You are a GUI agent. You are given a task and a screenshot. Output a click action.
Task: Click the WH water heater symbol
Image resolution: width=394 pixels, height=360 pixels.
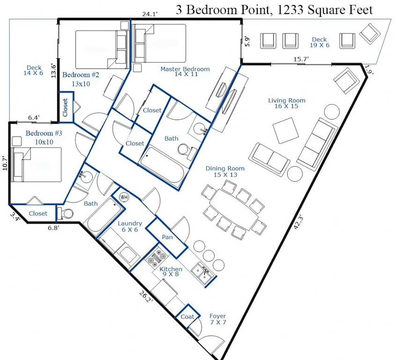(x=124, y=197)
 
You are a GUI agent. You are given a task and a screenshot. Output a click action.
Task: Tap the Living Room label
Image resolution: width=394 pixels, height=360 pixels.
(x=287, y=103)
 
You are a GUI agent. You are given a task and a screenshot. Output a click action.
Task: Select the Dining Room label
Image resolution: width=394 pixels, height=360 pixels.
(x=225, y=171)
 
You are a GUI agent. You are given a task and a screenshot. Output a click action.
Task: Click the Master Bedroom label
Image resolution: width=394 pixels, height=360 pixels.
(x=185, y=71)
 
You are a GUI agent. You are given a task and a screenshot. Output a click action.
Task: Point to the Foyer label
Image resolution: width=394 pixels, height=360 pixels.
(x=218, y=319)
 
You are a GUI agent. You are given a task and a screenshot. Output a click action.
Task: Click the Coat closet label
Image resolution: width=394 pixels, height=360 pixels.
(x=187, y=317)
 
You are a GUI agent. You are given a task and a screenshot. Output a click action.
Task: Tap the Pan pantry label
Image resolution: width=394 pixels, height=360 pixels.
(x=167, y=237)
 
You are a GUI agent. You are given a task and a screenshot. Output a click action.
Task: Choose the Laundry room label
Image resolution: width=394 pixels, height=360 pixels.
(x=130, y=226)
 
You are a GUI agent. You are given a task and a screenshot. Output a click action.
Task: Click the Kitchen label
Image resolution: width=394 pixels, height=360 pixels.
(x=171, y=272)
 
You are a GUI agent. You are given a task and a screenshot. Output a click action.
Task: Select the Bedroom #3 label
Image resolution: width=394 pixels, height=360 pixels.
(x=44, y=136)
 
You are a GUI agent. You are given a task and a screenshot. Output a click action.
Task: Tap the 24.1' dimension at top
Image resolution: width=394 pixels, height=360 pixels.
(x=149, y=15)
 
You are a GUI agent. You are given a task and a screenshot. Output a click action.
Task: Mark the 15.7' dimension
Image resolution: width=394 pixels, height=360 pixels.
(x=301, y=60)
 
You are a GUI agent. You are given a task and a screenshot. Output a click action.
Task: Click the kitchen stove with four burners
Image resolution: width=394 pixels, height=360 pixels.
(x=157, y=258)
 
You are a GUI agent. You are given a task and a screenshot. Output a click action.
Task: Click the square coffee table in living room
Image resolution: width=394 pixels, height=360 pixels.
(x=286, y=130)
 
